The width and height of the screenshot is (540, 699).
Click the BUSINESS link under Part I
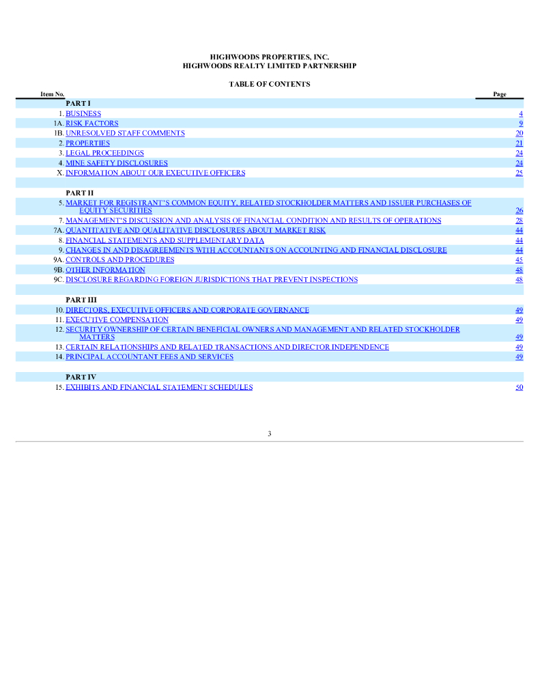coord(83,114)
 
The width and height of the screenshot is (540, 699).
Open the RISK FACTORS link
coord(91,124)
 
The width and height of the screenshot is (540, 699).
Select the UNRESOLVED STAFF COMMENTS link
coord(125,133)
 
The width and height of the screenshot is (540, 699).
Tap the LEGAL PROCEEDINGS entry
coord(104,154)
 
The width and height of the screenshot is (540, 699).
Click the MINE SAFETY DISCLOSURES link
coord(116,163)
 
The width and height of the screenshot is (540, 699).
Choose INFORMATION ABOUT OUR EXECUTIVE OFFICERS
coord(155,173)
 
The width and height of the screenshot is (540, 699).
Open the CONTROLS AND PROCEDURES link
coord(119,259)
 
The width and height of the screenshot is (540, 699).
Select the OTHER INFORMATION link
coord(105,270)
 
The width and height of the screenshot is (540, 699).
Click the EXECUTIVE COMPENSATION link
coord(117,319)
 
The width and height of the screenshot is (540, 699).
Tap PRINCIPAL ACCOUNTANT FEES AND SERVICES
coord(149,356)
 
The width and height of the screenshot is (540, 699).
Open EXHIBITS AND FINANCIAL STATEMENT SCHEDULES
coord(159,387)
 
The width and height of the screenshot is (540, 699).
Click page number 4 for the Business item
coord(521,114)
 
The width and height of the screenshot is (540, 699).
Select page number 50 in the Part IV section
coord(520,387)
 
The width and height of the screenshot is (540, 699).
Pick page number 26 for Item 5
coord(520,211)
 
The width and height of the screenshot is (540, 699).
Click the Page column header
coord(500,94)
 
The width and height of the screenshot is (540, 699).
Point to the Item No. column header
coord(53,94)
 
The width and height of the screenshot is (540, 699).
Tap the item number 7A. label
coord(58,230)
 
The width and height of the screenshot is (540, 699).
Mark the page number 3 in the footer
coord(270,434)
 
